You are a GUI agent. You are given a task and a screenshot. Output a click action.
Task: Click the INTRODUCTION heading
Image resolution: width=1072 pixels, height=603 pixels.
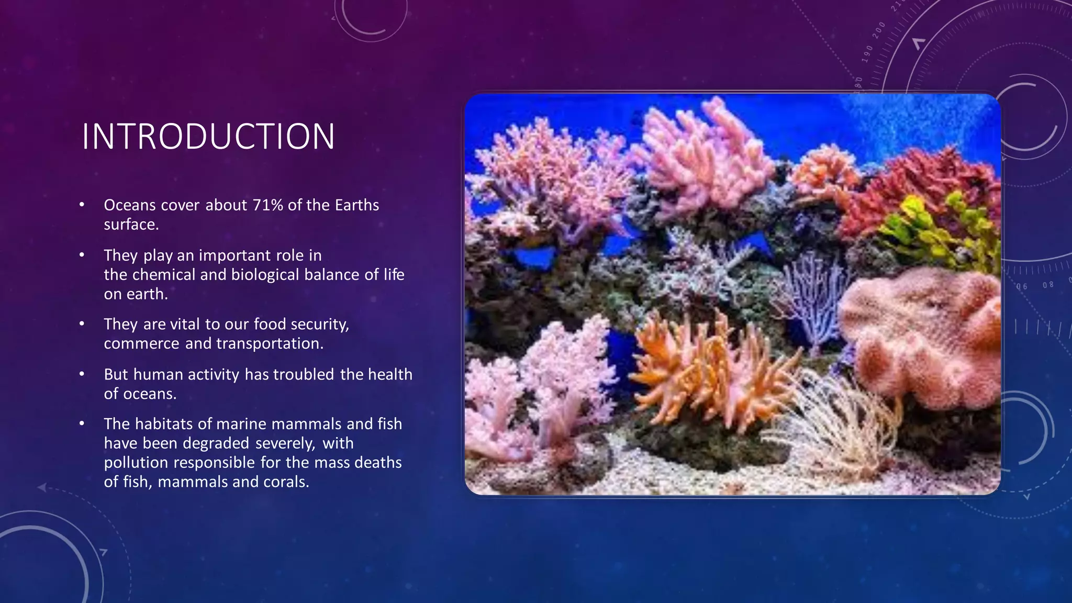(208, 137)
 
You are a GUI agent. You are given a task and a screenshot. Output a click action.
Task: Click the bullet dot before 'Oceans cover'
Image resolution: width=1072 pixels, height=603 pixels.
(82, 205)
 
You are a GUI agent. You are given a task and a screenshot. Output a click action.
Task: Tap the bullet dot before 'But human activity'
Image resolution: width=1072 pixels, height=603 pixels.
(82, 374)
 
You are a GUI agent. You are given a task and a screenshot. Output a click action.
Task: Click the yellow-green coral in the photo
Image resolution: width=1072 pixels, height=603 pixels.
(937, 230)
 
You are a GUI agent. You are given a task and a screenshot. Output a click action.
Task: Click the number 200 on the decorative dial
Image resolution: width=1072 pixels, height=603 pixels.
(879, 31)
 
